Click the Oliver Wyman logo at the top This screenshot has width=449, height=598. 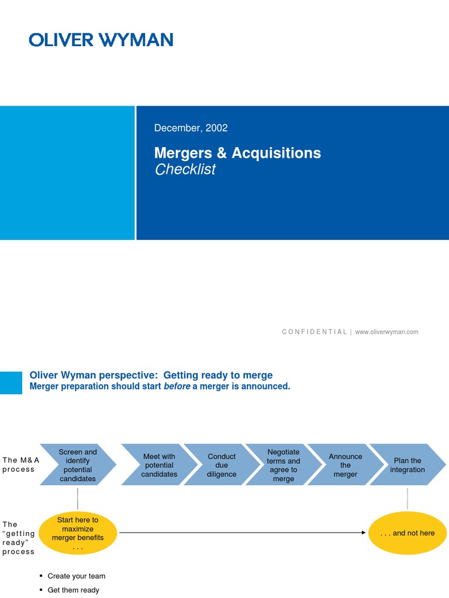[101, 40]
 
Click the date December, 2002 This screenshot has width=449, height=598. [191, 128]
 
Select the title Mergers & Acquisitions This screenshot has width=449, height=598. [237, 153]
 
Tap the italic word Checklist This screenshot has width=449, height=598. [185, 169]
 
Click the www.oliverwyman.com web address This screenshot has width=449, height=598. [386, 332]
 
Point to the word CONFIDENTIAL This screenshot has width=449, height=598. [314, 332]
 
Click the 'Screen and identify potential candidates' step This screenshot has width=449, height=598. [78, 465]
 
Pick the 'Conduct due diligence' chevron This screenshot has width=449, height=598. [222, 465]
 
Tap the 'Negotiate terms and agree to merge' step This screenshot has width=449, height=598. [284, 465]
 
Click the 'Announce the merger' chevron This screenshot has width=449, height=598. [345, 465]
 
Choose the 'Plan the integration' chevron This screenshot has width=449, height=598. [407, 465]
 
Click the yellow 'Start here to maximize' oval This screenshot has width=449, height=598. [78, 533]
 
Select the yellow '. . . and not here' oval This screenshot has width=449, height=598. [407, 533]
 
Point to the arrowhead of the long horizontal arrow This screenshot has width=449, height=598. [364, 533]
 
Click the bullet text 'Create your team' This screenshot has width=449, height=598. [76, 576]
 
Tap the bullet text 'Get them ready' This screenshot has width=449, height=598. [73, 590]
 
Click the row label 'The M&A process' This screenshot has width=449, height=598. [19, 464]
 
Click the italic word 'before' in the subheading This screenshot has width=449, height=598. [177, 387]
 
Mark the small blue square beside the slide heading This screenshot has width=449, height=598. [11, 383]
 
